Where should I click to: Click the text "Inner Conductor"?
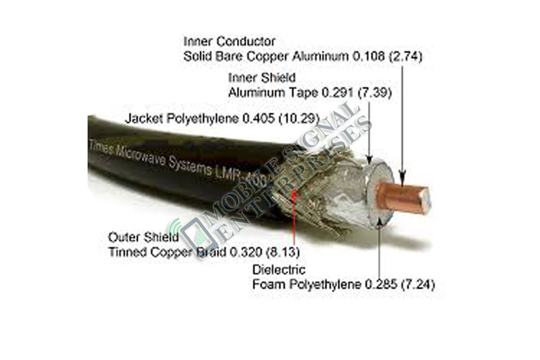tap(229, 42)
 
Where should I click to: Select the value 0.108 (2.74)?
tap(388, 57)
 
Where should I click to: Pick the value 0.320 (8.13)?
tap(265, 252)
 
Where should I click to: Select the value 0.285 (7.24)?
tap(398, 284)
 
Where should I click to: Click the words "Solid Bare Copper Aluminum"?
tap(265, 57)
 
